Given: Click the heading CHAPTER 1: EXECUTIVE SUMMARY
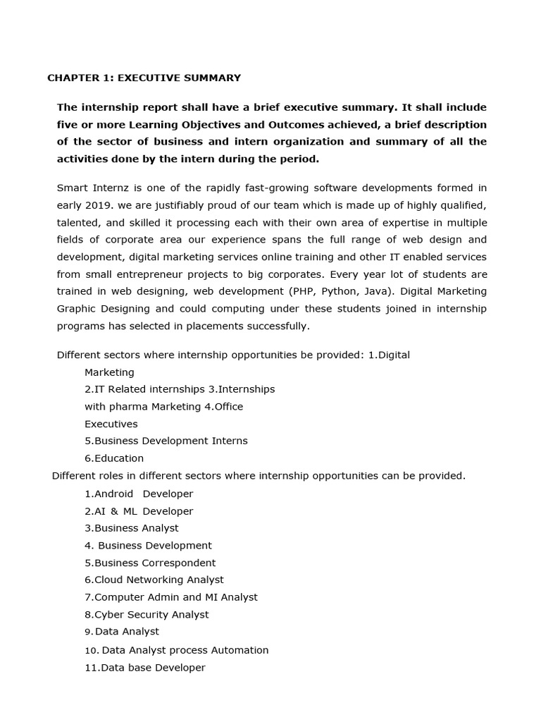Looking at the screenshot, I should [x=144, y=78].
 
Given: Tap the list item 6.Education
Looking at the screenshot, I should [x=114, y=458].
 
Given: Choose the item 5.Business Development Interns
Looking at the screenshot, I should [x=166, y=441].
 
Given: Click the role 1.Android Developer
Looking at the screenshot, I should [x=139, y=494].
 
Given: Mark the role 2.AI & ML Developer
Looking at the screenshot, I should [x=139, y=511].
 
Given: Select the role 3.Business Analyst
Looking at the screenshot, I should [x=132, y=528].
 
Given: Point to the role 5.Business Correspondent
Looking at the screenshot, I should [x=150, y=563].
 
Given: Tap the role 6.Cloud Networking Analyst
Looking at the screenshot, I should [x=154, y=580].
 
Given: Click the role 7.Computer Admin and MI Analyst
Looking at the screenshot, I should [x=171, y=597].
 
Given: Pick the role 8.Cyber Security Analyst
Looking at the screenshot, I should [x=147, y=614].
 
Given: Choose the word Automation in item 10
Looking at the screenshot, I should [x=241, y=650].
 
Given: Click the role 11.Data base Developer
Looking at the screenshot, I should [x=145, y=667].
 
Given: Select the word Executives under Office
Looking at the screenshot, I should [x=111, y=424].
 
